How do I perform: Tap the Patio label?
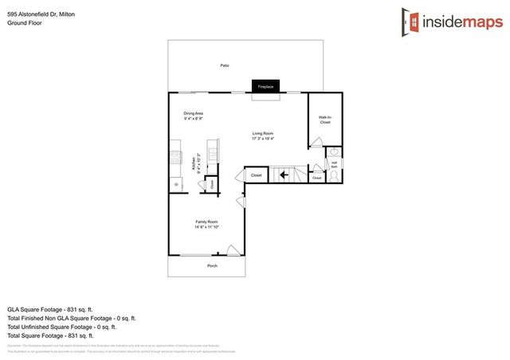pos(226,65)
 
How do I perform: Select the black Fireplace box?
pos(265,85)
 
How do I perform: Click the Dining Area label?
pos(194,113)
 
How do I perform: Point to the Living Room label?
pos(263,133)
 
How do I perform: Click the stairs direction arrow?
pos(281,174)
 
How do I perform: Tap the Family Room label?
pos(206,221)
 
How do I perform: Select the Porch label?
pos(212,265)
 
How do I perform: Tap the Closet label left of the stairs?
pos(256,174)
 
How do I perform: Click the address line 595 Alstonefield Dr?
pos(37,14)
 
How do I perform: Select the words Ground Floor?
pos(24,23)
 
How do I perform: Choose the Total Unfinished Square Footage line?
pos(62,327)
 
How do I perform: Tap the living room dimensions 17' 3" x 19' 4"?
pos(263,139)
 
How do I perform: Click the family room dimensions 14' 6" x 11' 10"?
pos(206,227)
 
